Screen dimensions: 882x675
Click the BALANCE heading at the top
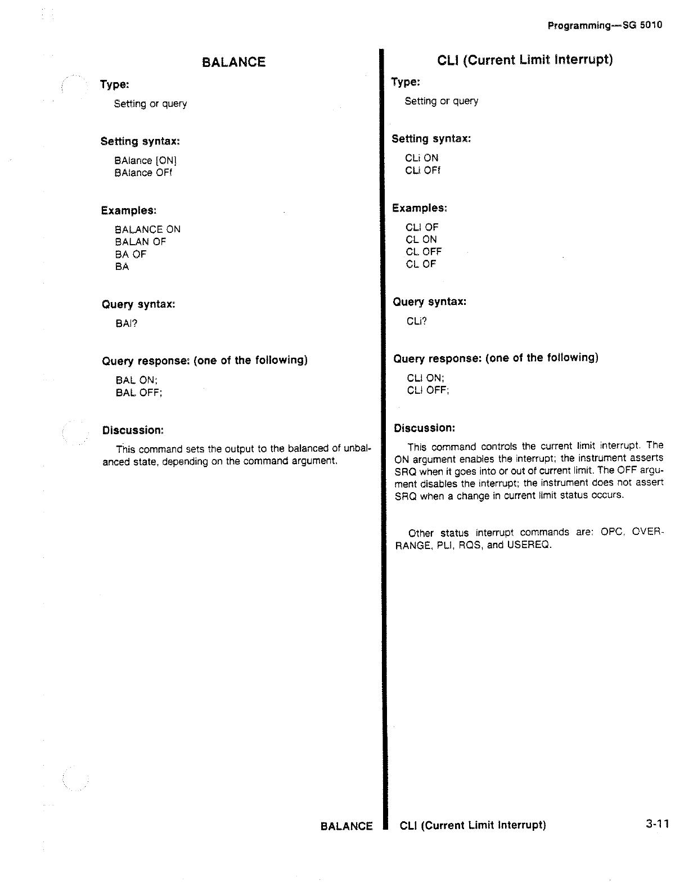click(233, 62)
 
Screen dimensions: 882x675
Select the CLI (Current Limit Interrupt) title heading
click(524, 60)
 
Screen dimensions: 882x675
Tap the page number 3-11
click(657, 824)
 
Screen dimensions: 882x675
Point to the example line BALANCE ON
click(147, 229)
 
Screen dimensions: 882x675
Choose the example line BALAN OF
click(140, 242)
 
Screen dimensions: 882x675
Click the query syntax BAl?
click(127, 323)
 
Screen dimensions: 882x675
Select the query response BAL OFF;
click(139, 393)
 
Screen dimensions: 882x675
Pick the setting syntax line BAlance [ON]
click(146, 160)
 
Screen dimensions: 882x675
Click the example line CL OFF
click(424, 251)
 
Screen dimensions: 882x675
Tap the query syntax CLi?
click(417, 321)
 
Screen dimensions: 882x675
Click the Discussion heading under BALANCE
click(133, 430)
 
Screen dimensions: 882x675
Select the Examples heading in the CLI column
click(420, 208)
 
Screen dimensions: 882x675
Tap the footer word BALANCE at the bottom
click(346, 826)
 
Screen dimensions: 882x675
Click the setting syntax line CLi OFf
click(422, 170)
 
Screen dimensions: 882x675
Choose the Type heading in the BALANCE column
click(115, 84)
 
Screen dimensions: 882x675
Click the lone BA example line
click(122, 267)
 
